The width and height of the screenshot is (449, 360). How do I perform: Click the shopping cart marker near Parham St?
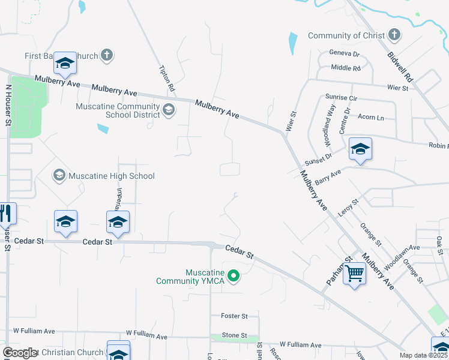pyautogui.click(x=355, y=274)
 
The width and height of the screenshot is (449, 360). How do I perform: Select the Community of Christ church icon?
pyautogui.click(x=394, y=35)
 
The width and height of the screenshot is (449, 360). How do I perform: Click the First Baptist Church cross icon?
pyautogui.click(x=106, y=56)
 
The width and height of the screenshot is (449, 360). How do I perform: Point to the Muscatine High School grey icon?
pyautogui.click(x=59, y=176)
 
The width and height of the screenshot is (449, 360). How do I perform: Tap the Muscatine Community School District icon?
pyautogui.click(x=169, y=109)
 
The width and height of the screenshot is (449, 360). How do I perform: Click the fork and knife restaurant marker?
pyautogui.click(x=5, y=214)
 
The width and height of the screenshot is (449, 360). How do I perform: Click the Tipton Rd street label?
pyautogui.click(x=167, y=79)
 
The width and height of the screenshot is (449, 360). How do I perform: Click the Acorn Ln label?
pyautogui.click(x=372, y=118)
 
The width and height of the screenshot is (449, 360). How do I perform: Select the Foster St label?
pyautogui.click(x=234, y=316)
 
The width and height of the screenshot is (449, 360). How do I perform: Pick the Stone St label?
pyautogui.click(x=234, y=335)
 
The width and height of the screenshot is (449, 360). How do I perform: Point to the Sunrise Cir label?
pyautogui.click(x=341, y=97)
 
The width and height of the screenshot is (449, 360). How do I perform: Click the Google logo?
pyautogui.click(x=20, y=353)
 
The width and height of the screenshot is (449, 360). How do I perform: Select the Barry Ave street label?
pyautogui.click(x=328, y=176)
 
